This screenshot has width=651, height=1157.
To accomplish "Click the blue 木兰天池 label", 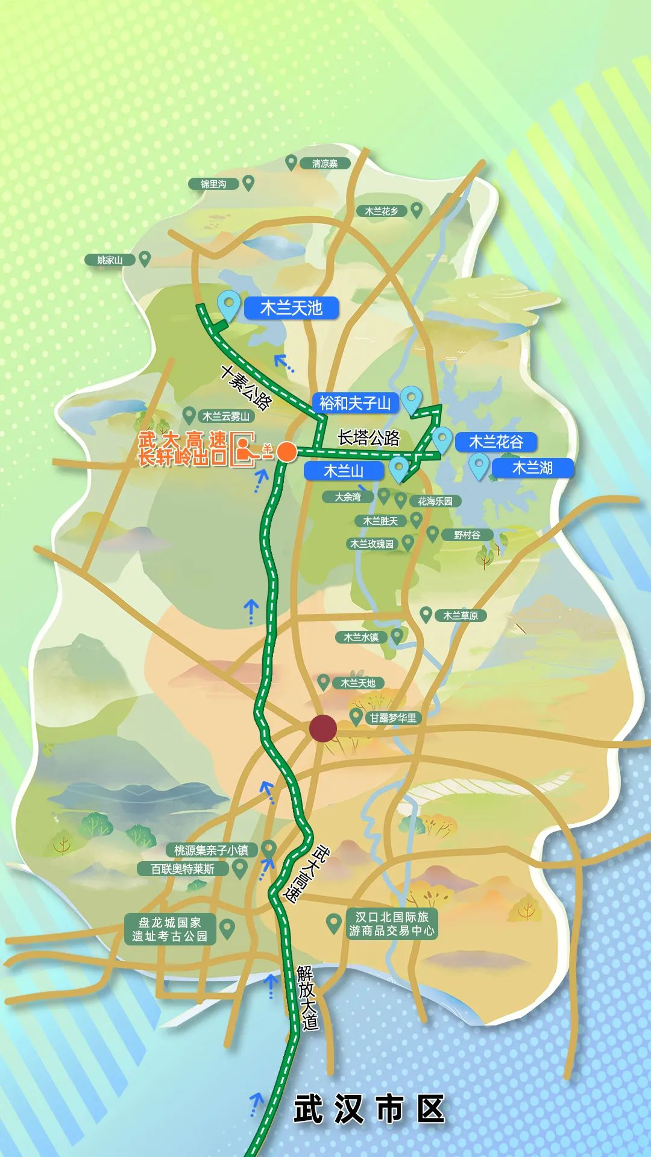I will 291,309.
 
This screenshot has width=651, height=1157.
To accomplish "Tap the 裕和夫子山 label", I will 355,403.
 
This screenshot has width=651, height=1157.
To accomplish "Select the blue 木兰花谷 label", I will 495,442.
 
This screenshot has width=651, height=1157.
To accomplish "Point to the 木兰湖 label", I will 532,468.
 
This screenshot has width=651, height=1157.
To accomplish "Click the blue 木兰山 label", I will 344,471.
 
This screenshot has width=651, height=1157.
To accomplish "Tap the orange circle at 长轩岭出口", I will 287,451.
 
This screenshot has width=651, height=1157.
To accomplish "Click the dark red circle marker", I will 323,729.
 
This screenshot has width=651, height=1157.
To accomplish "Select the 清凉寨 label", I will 325,163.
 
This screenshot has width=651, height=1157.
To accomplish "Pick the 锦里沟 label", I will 213,184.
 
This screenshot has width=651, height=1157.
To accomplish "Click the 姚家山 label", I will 110,260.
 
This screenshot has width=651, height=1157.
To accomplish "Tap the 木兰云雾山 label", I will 225,416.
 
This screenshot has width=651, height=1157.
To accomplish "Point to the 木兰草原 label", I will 461,615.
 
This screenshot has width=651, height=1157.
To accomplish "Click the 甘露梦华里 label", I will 393,718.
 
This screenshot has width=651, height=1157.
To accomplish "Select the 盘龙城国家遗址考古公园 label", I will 170,929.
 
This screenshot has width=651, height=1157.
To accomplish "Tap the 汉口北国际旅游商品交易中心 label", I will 392,924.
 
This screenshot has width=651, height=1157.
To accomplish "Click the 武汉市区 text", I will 369,1109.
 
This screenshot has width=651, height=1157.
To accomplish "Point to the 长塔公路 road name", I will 368,438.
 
